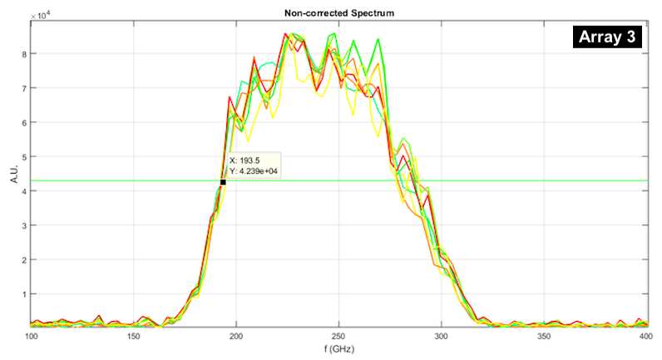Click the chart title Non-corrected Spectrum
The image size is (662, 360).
[x=339, y=14]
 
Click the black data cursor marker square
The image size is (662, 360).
[x=223, y=182]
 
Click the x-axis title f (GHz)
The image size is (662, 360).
[x=339, y=349]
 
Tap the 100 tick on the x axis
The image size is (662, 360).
[x=32, y=336]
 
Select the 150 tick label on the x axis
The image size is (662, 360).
[x=134, y=336]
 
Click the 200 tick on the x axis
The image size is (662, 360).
[x=236, y=336]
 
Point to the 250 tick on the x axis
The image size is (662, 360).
[x=338, y=336]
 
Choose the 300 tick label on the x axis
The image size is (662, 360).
[x=441, y=336]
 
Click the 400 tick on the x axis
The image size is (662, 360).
[x=645, y=336]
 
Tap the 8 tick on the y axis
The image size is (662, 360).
[x=24, y=54]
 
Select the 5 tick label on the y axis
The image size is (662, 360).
[x=24, y=157]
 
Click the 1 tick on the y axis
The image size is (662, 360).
[x=24, y=294]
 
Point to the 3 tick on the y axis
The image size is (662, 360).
[x=24, y=225]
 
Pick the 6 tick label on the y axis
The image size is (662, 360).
[x=24, y=122]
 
